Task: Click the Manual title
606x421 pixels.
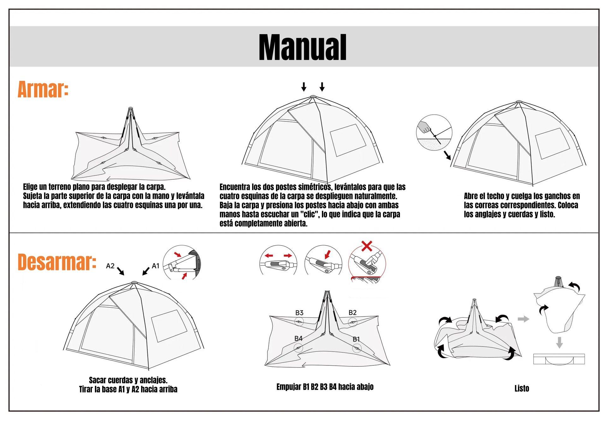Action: pos(302,47)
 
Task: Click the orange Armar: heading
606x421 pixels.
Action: pos(43,89)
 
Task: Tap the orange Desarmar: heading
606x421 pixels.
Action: pos(57,262)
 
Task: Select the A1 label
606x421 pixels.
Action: pos(156,266)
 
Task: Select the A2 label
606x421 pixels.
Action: pos(110,266)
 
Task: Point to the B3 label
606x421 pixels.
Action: pos(299,313)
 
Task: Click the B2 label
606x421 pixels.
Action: pos(353,312)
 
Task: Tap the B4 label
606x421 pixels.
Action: pos(298,338)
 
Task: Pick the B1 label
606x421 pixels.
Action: pos(356,339)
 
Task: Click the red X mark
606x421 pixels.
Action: pos(366,246)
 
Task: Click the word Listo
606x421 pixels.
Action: pos(521,388)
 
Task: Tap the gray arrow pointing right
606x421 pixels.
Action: pos(524,319)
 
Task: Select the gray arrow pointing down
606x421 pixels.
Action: pos(559,342)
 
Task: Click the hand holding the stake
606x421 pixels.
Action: pos(424,127)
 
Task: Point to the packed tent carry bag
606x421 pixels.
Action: pos(559,359)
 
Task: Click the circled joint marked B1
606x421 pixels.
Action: pos(357,348)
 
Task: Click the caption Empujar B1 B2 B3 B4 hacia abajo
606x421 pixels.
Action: pos(325,387)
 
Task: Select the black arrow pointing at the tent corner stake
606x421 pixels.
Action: pos(447,155)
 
